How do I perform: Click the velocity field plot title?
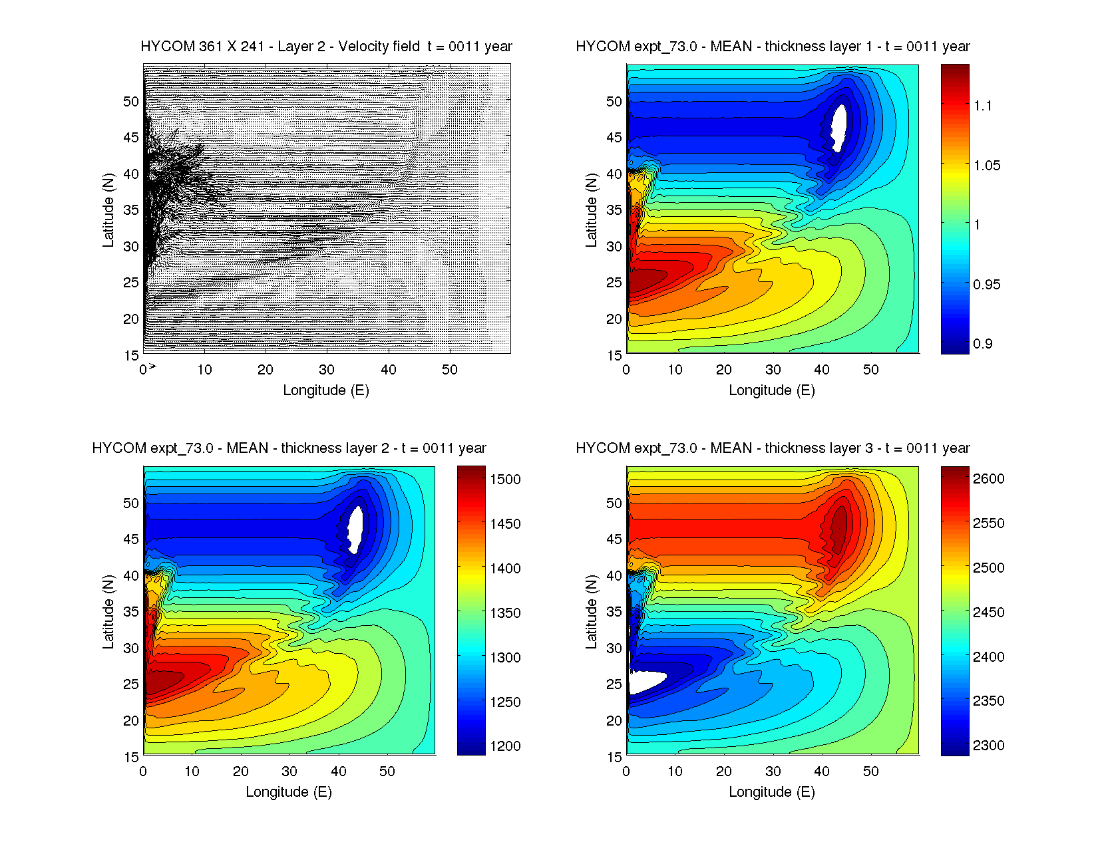click(326, 47)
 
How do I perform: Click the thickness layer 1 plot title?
click(773, 47)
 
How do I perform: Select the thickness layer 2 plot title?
click(289, 448)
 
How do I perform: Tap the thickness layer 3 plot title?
click(773, 448)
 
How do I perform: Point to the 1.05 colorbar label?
click(986, 166)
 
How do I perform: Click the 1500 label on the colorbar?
click(505, 480)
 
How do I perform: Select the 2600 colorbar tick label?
click(988, 479)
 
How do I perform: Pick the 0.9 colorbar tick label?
click(982, 344)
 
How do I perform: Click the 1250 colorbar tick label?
click(505, 702)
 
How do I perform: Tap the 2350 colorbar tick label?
click(988, 701)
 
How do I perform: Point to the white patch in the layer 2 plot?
click(355, 529)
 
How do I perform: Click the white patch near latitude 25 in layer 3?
click(645, 682)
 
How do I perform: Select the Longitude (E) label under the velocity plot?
click(326, 390)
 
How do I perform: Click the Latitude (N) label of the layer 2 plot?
click(108, 611)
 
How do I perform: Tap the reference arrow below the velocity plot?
click(152, 366)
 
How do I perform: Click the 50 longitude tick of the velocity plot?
click(450, 370)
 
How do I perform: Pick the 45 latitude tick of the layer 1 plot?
click(614, 138)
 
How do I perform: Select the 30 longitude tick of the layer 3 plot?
click(773, 772)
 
